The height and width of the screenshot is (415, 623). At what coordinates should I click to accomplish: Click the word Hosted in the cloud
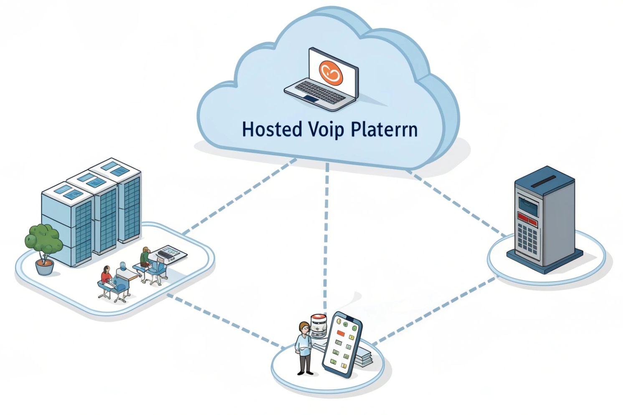[x=272, y=129]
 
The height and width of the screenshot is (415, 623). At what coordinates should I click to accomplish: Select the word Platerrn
[x=384, y=129]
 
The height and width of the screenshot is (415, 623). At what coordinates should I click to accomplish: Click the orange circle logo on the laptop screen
[x=331, y=72]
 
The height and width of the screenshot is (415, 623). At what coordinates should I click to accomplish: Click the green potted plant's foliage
[x=43, y=239]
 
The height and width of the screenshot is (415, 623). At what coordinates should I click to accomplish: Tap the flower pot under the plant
[x=44, y=267]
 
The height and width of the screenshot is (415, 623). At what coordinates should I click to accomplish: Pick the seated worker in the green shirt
[x=145, y=257]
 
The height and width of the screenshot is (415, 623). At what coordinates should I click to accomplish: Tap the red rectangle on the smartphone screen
[x=341, y=333]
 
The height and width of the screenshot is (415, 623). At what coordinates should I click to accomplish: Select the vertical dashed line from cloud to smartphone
[x=326, y=234]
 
